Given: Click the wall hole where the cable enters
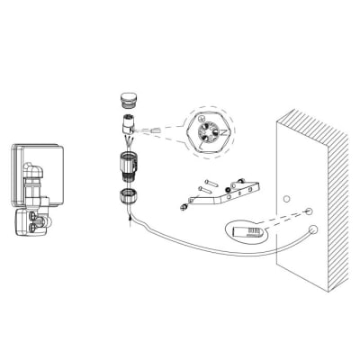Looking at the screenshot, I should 311,229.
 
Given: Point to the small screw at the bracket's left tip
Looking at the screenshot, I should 184,210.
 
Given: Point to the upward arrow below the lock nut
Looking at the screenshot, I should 131,218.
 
